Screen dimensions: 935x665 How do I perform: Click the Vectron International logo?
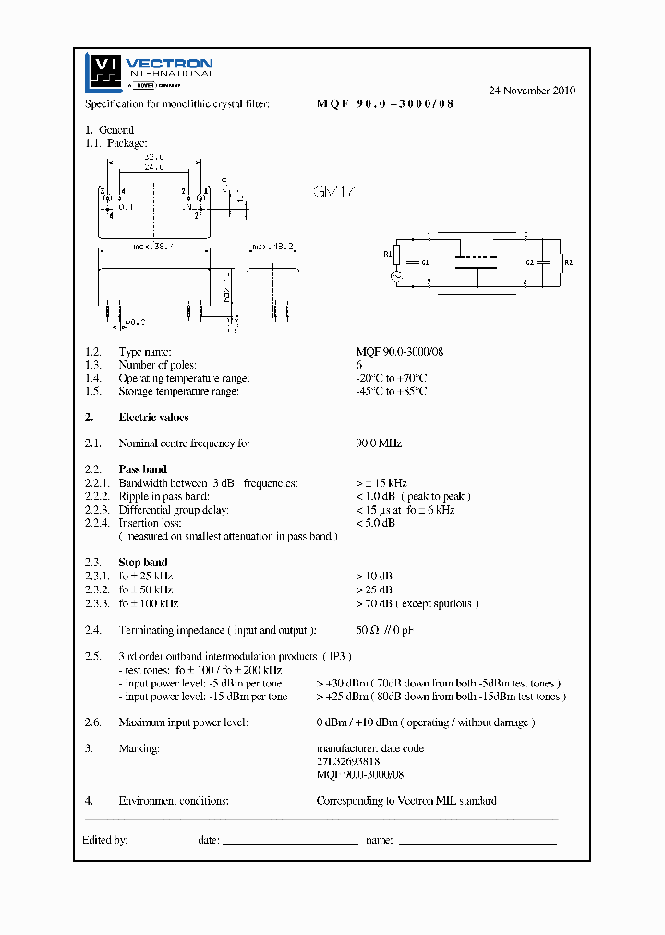tap(149, 71)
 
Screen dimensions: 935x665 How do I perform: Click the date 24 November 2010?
tap(531, 91)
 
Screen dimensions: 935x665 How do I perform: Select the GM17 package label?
tap(333, 192)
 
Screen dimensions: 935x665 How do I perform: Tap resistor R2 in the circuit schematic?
tap(560, 262)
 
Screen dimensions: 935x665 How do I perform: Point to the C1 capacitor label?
tap(425, 262)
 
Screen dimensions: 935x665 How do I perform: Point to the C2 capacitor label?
tap(530, 262)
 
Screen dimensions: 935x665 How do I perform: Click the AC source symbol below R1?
tap(397, 276)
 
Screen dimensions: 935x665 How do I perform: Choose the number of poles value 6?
tap(358, 365)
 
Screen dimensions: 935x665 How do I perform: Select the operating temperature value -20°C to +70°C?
tap(392, 378)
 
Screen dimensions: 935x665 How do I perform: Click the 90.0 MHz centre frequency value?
tap(379, 443)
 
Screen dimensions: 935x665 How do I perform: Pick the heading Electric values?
tap(153, 418)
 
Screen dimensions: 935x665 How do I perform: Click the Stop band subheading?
tap(143, 562)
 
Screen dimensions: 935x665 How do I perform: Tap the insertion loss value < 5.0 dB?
tap(375, 523)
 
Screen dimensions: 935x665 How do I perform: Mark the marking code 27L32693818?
tap(348, 761)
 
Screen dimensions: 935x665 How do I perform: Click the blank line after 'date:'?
tap(290, 842)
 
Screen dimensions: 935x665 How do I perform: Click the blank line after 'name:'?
tap(477, 842)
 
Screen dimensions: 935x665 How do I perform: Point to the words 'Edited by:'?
tap(105, 840)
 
